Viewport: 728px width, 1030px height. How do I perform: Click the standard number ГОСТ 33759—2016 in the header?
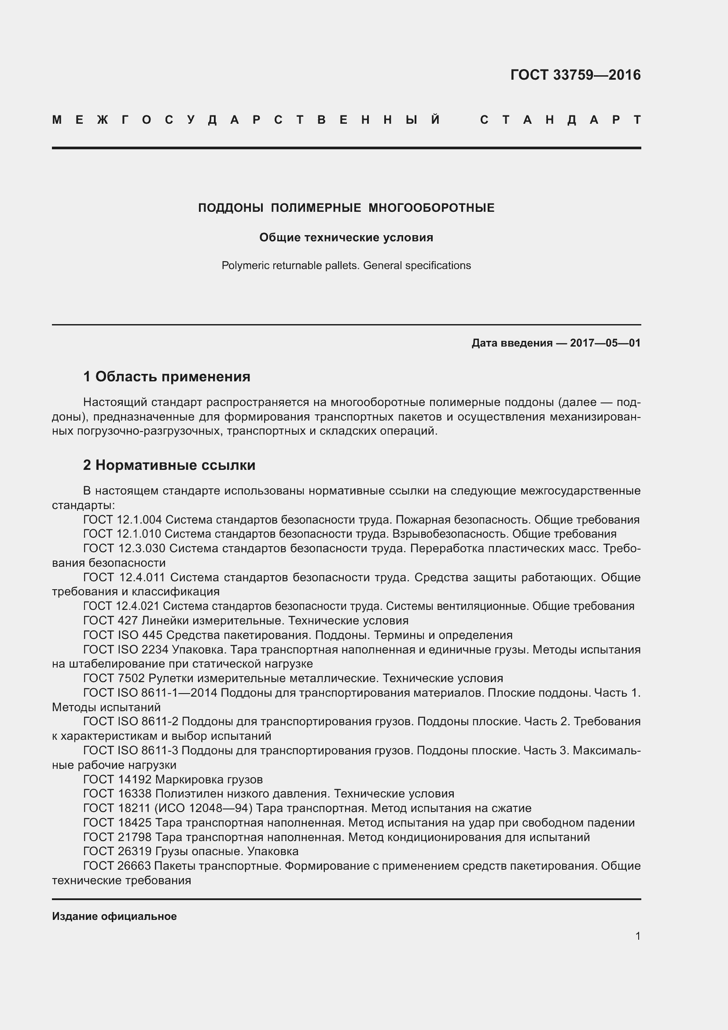click(575, 75)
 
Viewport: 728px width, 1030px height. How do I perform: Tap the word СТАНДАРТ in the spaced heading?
click(560, 120)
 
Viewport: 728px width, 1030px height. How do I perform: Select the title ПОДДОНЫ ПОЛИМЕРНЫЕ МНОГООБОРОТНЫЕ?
click(346, 208)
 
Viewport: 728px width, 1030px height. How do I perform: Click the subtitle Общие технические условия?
click(346, 237)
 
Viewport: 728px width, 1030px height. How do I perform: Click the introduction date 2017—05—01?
click(605, 343)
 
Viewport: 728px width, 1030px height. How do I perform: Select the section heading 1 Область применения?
click(166, 377)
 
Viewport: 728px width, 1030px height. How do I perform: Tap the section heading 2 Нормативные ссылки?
click(169, 465)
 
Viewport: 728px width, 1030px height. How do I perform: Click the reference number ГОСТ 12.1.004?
click(122, 520)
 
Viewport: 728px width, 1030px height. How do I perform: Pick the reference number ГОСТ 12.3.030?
click(124, 549)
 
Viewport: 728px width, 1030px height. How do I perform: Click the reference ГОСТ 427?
click(111, 621)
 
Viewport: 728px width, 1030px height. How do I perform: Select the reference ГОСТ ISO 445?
click(122, 635)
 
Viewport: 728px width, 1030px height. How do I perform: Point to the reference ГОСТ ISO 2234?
click(126, 650)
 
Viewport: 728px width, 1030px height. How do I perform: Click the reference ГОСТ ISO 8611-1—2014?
click(150, 693)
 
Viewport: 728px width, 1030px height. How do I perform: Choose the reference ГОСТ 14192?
click(118, 780)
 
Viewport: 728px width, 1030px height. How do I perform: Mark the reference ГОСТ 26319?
click(118, 852)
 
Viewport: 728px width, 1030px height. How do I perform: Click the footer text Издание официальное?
click(114, 916)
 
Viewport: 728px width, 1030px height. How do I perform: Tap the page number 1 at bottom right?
click(638, 936)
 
